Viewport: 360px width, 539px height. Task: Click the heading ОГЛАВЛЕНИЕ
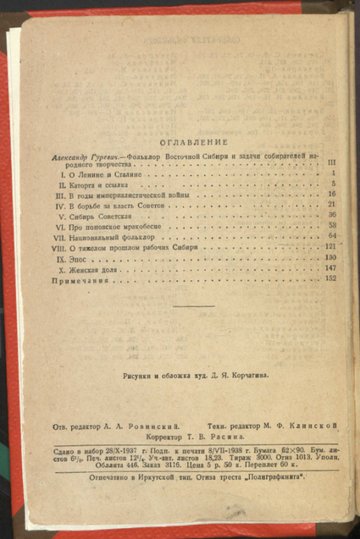coord(193,142)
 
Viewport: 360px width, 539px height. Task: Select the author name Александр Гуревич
coord(82,155)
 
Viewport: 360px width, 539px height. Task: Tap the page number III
coord(331,163)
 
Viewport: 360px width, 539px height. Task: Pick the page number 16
coord(331,194)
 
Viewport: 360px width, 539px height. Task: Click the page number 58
coord(332,226)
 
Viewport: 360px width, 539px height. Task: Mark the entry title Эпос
coord(81,259)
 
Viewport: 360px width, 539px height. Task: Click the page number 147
coord(330,269)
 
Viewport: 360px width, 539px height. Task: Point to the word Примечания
coord(80,279)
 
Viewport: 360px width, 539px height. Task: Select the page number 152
coord(330,278)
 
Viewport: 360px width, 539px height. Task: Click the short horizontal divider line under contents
coord(194,306)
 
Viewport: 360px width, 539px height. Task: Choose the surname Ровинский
coord(156,426)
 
